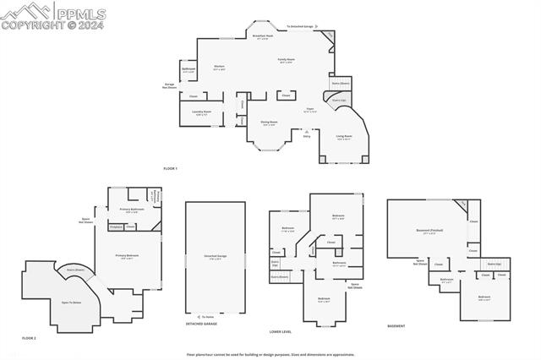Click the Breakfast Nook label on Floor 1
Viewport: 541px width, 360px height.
tap(263, 36)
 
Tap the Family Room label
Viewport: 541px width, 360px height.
tap(287, 60)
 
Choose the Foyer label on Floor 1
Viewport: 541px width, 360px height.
tap(310, 109)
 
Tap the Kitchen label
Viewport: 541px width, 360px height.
tap(218, 67)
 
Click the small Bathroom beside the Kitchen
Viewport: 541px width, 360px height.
tap(189, 70)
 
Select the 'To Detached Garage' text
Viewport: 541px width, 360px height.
tap(300, 27)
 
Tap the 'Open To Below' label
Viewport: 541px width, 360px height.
tap(71, 302)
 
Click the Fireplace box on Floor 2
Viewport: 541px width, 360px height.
tap(116, 226)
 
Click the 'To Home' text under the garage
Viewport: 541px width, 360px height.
tap(207, 316)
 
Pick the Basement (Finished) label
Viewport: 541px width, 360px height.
tap(430, 231)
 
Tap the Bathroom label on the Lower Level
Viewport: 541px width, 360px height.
tap(339, 264)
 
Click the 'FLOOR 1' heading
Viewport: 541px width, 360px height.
tap(171, 169)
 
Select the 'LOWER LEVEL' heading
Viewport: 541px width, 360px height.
tap(280, 331)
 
